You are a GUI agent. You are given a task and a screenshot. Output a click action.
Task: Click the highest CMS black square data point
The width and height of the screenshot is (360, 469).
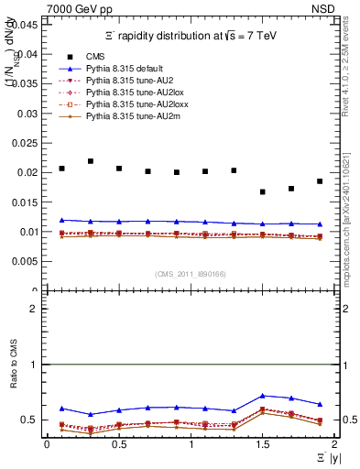(91, 161)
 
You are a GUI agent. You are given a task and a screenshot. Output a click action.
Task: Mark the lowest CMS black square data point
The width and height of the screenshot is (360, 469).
(263, 192)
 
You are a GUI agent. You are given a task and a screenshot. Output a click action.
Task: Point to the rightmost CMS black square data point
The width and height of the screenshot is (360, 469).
(320, 181)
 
